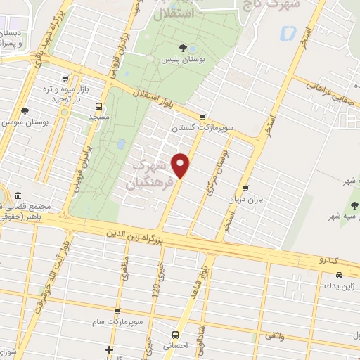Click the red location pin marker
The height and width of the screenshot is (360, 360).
click(181, 165)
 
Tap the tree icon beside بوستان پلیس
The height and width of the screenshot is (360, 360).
click(183, 48)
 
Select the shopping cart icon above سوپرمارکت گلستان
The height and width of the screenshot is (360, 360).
click(203, 117)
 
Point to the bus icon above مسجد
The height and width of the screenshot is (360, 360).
click(98, 106)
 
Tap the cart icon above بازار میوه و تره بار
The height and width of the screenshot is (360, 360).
click(65, 79)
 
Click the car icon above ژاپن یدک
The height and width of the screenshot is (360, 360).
click(330, 276)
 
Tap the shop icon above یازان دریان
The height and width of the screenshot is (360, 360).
click(245, 188)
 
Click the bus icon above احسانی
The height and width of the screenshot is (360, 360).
click(176, 335)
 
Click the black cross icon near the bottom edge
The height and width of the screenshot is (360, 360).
click(108, 349)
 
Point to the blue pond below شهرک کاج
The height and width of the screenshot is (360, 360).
click(287, 32)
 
